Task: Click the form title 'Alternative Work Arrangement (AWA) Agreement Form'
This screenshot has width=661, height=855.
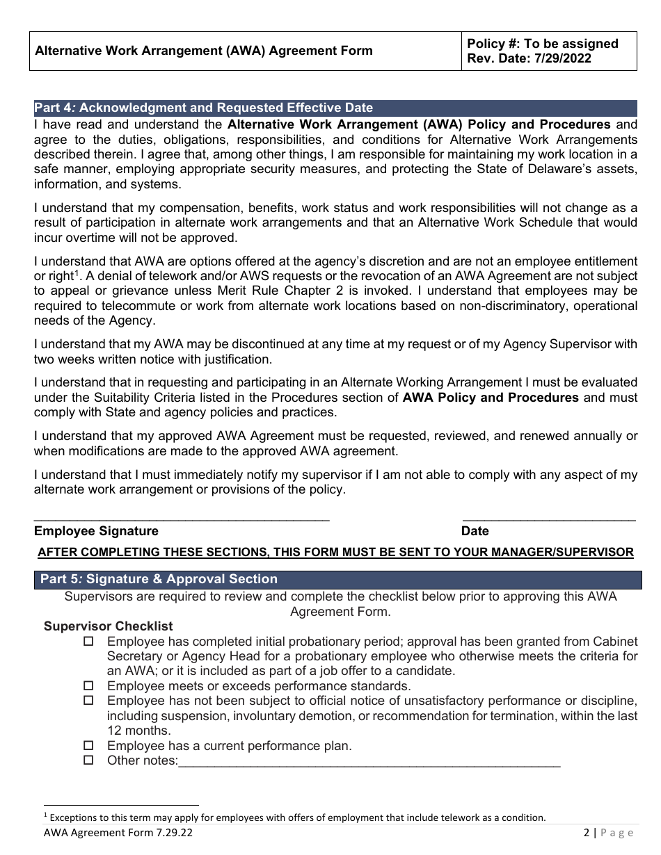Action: [x=203, y=51]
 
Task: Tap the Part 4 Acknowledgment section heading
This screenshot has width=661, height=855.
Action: [x=203, y=108]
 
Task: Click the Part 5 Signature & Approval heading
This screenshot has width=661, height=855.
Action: [x=159, y=579]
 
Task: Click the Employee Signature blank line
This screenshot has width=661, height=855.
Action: [x=182, y=518]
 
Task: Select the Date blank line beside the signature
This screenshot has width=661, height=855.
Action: [x=549, y=518]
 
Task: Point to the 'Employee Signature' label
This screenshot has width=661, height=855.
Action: [x=96, y=531]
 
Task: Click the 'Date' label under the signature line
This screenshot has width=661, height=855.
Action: [x=475, y=531]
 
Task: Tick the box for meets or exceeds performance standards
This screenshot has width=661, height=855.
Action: [x=88, y=685]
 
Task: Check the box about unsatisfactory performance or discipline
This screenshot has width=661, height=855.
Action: [x=88, y=700]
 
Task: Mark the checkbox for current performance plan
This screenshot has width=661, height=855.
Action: [x=88, y=745]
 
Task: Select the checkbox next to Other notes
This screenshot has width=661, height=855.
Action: [x=88, y=760]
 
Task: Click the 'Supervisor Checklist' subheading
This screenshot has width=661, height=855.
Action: [x=109, y=626]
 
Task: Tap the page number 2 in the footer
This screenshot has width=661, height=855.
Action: [x=587, y=833]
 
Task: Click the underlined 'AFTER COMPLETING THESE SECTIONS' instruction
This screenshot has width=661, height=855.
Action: [x=335, y=552]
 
